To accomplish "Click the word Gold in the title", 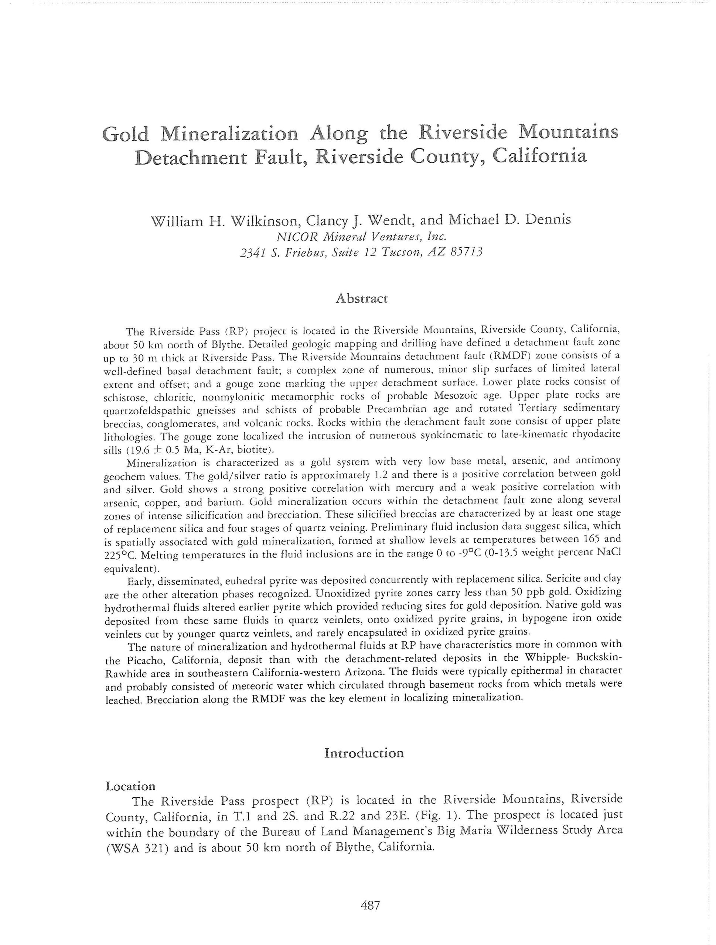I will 126,134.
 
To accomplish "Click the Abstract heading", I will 361,298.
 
